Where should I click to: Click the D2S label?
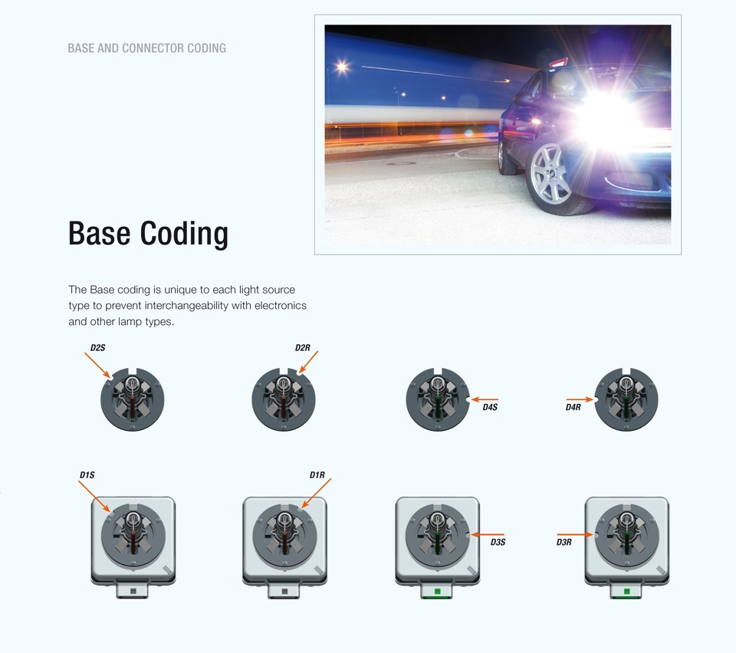[x=97, y=348]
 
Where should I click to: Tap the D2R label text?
[x=303, y=348]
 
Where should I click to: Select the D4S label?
[x=490, y=407]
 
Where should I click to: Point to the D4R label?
[x=573, y=407]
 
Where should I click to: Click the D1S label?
[x=87, y=475]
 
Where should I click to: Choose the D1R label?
[x=317, y=475]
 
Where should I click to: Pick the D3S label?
[x=498, y=543]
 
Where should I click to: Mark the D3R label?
[x=564, y=543]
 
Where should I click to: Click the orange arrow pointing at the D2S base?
[x=97, y=366]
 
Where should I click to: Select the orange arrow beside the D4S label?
[x=485, y=399]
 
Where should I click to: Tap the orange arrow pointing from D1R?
[x=316, y=494]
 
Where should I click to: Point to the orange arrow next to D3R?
[x=576, y=534]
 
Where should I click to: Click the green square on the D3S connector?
[x=438, y=592]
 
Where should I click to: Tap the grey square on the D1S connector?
[x=133, y=592]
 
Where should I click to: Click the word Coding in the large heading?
[x=184, y=234]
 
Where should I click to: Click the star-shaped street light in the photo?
[x=342, y=67]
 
